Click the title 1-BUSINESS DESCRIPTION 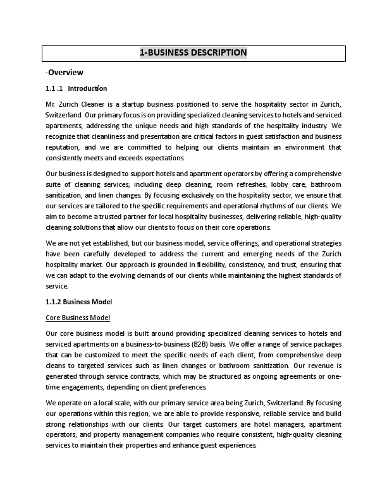click(x=193, y=52)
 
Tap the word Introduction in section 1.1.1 click(x=87, y=88)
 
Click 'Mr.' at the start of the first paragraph click(x=51, y=104)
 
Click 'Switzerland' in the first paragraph click(x=63, y=115)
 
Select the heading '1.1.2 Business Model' click(x=79, y=302)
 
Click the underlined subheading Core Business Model click(x=78, y=317)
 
